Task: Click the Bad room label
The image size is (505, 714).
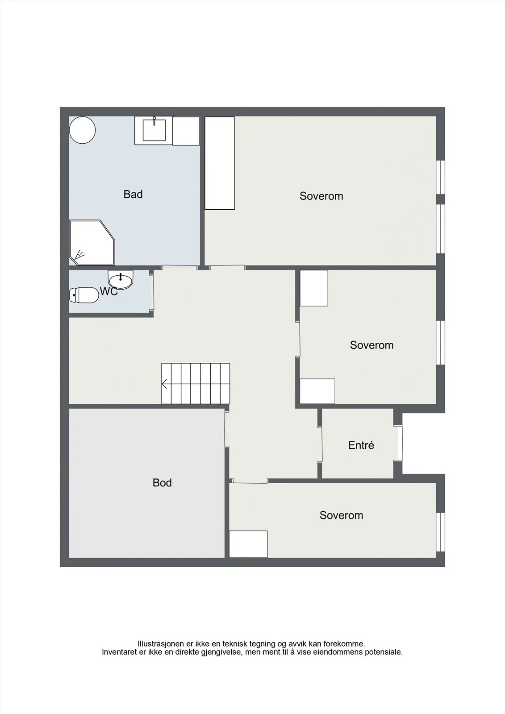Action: point(133,194)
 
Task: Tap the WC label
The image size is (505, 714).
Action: point(109,291)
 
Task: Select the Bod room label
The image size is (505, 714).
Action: point(162,482)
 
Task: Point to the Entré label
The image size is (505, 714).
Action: point(361,445)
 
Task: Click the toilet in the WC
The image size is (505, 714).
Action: point(84,295)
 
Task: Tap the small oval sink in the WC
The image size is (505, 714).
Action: point(121,280)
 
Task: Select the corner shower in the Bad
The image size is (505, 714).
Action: point(92,242)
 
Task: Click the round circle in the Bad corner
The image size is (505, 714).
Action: point(82,130)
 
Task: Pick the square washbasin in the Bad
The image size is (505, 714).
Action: point(154,130)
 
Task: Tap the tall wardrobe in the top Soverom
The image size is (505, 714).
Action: point(220,163)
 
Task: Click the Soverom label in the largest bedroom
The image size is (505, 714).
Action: point(321,196)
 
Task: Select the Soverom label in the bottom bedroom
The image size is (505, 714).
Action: point(341,515)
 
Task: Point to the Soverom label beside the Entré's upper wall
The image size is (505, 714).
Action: point(371,345)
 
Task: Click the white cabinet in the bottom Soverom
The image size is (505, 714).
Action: point(249,544)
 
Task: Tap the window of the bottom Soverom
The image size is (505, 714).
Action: point(441,532)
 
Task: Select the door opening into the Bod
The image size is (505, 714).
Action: point(227,429)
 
